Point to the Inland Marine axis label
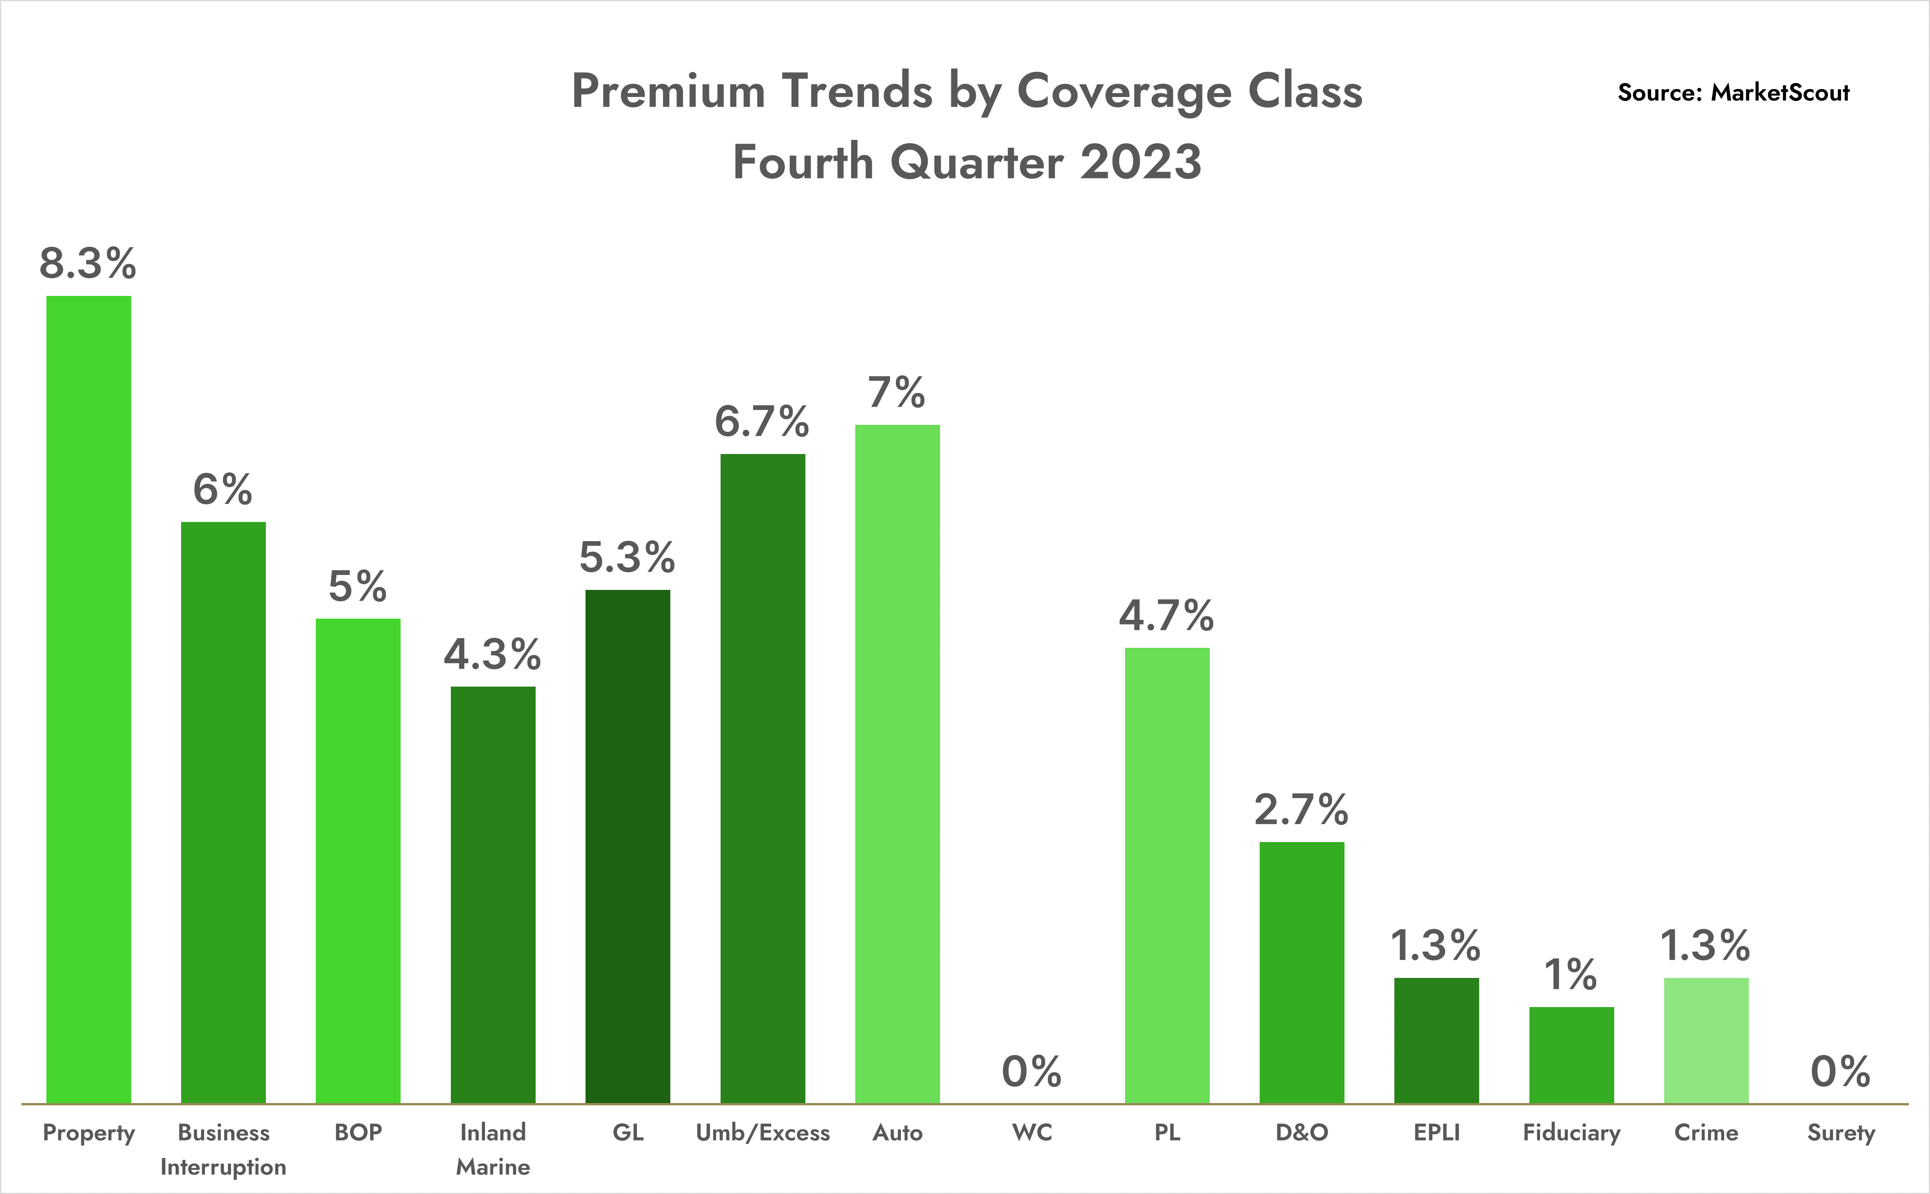tap(493, 1149)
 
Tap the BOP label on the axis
tap(358, 1133)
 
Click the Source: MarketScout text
tap(1734, 92)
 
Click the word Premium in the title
tap(668, 92)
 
